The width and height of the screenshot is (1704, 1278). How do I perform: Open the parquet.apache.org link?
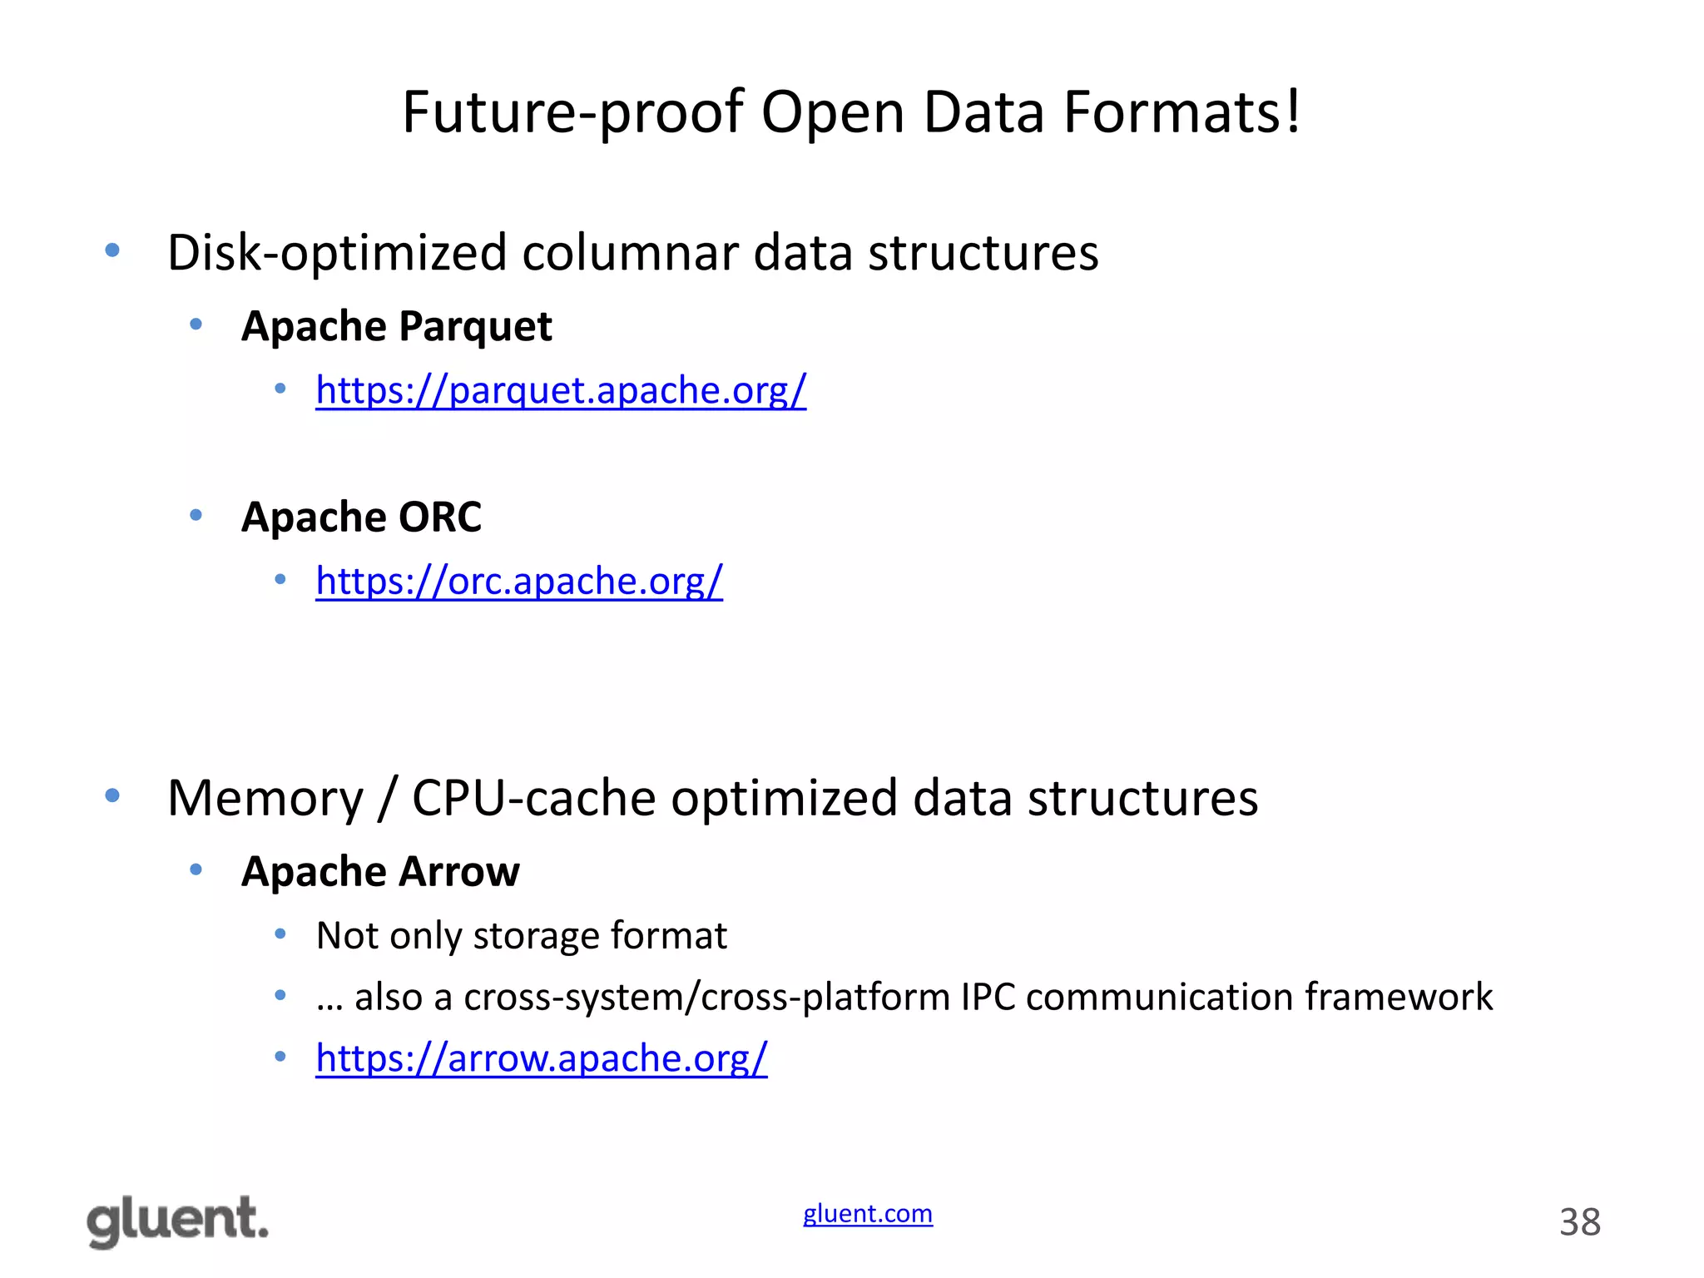pyautogui.click(x=561, y=389)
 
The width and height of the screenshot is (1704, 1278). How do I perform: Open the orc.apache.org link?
pyautogui.click(x=519, y=580)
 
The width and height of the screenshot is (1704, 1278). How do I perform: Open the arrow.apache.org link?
pyautogui.click(x=541, y=1058)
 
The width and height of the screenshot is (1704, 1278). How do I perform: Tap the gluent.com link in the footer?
pyautogui.click(x=867, y=1213)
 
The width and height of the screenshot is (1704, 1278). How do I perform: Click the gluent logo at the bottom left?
pyautogui.click(x=177, y=1221)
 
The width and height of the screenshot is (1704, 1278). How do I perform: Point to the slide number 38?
pyautogui.click(x=1579, y=1222)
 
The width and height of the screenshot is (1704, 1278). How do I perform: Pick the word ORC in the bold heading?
pyautogui.click(x=439, y=517)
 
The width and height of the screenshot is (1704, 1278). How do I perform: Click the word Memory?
pyautogui.click(x=265, y=798)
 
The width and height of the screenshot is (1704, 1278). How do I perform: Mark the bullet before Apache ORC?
pyautogui.click(x=196, y=516)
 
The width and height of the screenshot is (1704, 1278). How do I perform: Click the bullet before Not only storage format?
pyautogui.click(x=280, y=934)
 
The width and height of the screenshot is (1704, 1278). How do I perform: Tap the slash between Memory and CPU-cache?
pyautogui.click(x=387, y=800)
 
